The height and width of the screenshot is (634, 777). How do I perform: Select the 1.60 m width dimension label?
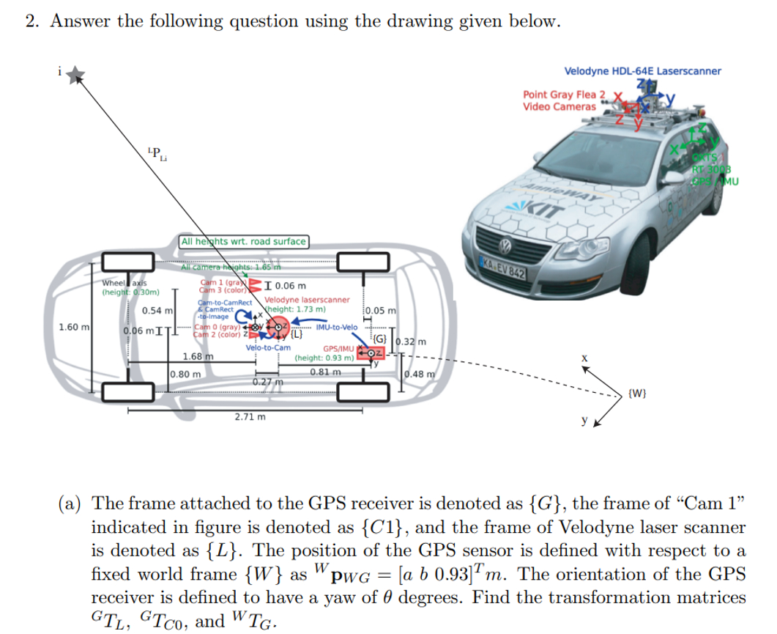[x=75, y=326]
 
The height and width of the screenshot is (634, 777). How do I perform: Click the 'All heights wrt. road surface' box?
[x=244, y=241]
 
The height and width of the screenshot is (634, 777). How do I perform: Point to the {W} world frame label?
[x=637, y=397]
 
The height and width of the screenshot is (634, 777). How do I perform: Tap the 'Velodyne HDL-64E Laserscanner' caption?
[x=642, y=71]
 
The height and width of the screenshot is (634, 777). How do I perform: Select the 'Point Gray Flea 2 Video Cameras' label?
[x=565, y=100]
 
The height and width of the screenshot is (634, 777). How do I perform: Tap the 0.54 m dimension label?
[x=157, y=311]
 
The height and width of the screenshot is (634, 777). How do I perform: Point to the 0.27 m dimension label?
[x=267, y=382]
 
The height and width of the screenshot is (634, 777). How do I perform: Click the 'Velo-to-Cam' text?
[x=268, y=347]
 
